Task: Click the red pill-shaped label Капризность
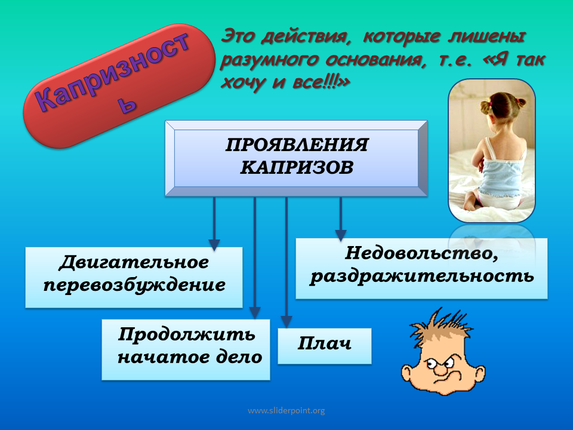[119, 86]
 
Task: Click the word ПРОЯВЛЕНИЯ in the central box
[297, 145]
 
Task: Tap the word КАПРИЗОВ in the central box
[297, 167]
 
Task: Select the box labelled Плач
[325, 346]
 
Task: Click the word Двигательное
[134, 262]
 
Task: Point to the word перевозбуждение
[134, 285]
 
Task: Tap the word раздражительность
[422, 276]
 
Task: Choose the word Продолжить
[186, 334]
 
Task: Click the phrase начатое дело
[190, 357]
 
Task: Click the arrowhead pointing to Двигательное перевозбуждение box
[214, 245]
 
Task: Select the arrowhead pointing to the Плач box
[286, 321]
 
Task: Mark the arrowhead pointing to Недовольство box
[341, 235]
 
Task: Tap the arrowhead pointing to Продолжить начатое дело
[255, 312]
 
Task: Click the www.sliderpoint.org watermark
[286, 411]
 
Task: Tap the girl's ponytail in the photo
[486, 106]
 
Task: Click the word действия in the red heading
[304, 37]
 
